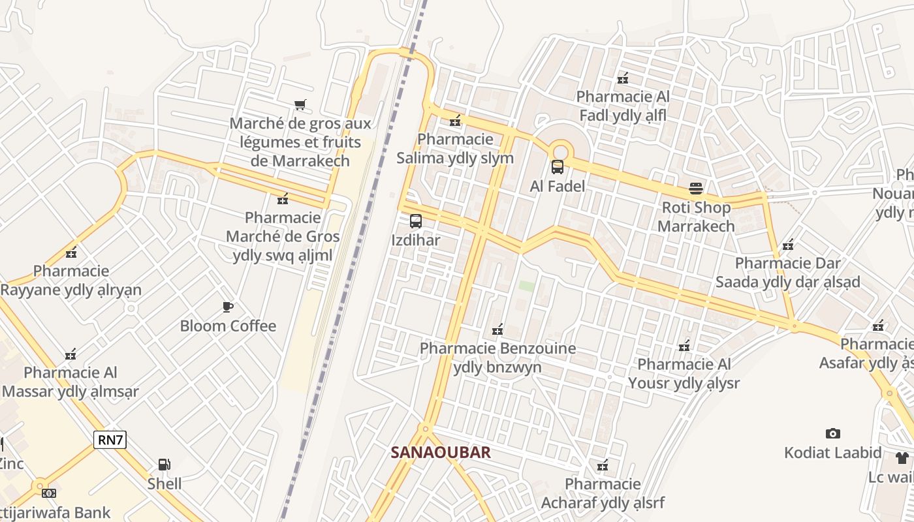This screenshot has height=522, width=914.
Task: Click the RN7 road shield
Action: click(110, 440)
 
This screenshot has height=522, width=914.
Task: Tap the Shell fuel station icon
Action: click(165, 465)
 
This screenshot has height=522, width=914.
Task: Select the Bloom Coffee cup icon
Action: click(228, 307)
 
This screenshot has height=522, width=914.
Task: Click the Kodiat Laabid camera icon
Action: click(832, 433)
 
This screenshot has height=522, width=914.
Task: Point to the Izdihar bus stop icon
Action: click(416, 221)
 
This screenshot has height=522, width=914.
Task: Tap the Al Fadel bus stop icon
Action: click(557, 167)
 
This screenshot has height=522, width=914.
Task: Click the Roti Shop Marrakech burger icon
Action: click(696, 189)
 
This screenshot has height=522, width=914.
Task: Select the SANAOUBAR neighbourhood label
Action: click(441, 452)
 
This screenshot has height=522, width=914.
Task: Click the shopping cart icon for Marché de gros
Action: click(300, 104)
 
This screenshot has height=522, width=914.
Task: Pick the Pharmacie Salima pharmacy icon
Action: click(455, 121)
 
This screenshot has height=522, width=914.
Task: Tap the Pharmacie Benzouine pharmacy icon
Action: click(497, 330)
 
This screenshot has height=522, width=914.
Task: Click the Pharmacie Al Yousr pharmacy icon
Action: click(684, 346)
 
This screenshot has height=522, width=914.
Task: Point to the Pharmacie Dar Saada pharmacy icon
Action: click(788, 245)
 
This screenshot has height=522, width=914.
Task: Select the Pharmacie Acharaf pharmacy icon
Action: click(603, 466)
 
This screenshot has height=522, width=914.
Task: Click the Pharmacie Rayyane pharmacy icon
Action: click(71, 253)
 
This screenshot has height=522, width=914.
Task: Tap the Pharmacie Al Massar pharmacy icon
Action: click(71, 354)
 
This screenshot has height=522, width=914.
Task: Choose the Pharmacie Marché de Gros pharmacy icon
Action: click(283, 199)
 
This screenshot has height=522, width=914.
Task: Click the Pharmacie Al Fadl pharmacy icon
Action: click(623, 78)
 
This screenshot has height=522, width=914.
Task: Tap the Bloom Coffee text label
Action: click(228, 326)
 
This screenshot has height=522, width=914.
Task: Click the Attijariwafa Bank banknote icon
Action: click(49, 493)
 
